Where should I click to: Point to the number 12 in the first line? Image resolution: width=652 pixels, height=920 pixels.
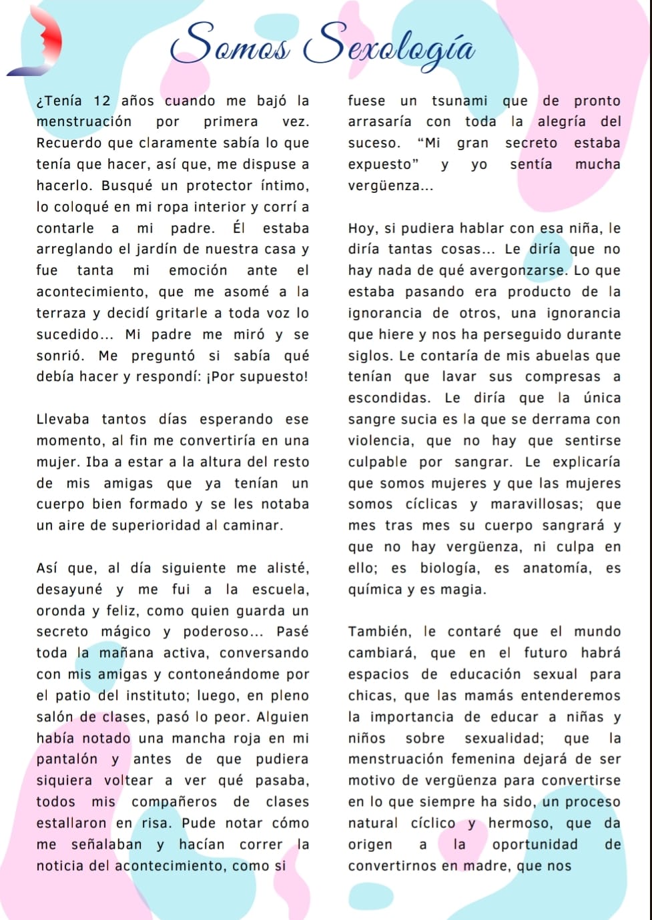[x=101, y=101]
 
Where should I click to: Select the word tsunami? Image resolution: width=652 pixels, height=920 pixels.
[x=459, y=101]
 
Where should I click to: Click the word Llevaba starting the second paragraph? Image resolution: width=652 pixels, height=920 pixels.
[x=63, y=420]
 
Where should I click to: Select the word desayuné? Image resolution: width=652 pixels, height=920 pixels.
[x=69, y=590]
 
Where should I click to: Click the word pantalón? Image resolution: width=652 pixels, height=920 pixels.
[x=67, y=760]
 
